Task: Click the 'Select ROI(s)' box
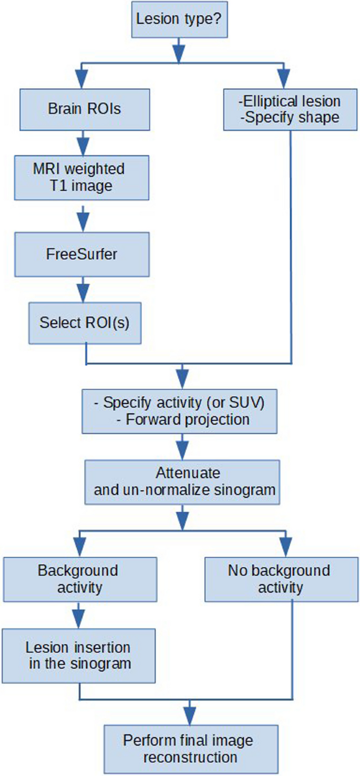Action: click(x=84, y=321)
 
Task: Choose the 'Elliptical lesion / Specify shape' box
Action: click(x=290, y=109)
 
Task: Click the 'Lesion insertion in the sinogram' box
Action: click(x=79, y=655)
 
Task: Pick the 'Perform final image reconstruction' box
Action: click(x=188, y=749)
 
